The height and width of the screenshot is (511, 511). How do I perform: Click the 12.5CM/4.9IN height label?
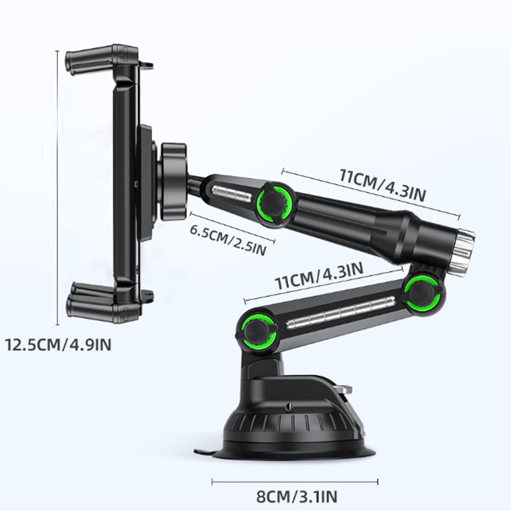point(58,344)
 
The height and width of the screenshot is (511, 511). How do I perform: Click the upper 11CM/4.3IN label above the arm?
point(383,185)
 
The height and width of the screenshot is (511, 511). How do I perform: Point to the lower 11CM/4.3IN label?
point(319,276)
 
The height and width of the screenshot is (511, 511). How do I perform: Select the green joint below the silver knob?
point(422,292)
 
